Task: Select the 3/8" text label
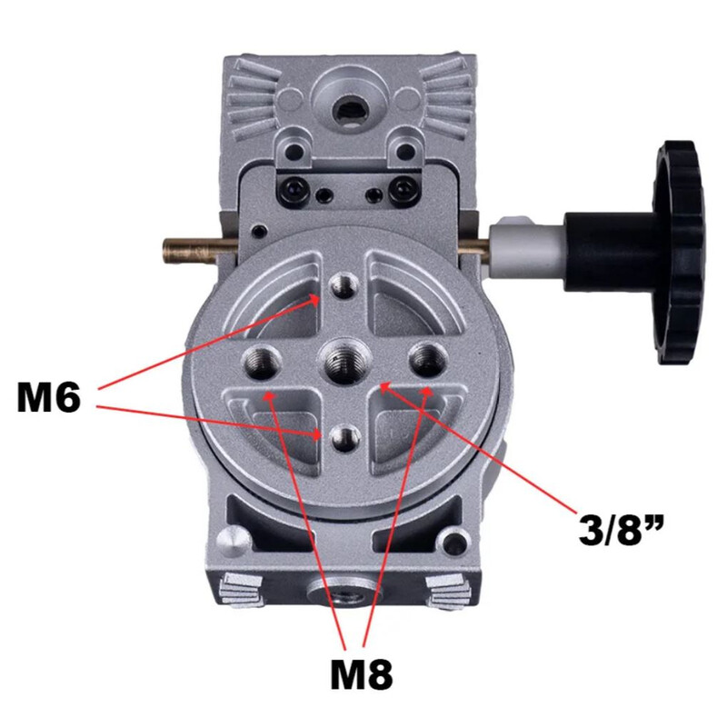pyautogui.click(x=622, y=528)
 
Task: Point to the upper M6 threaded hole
pyautogui.click(x=344, y=286)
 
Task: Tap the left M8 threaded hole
pyautogui.click(x=261, y=362)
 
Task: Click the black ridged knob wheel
pyautogui.click(x=679, y=253)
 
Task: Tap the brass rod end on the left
pyautogui.click(x=190, y=251)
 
